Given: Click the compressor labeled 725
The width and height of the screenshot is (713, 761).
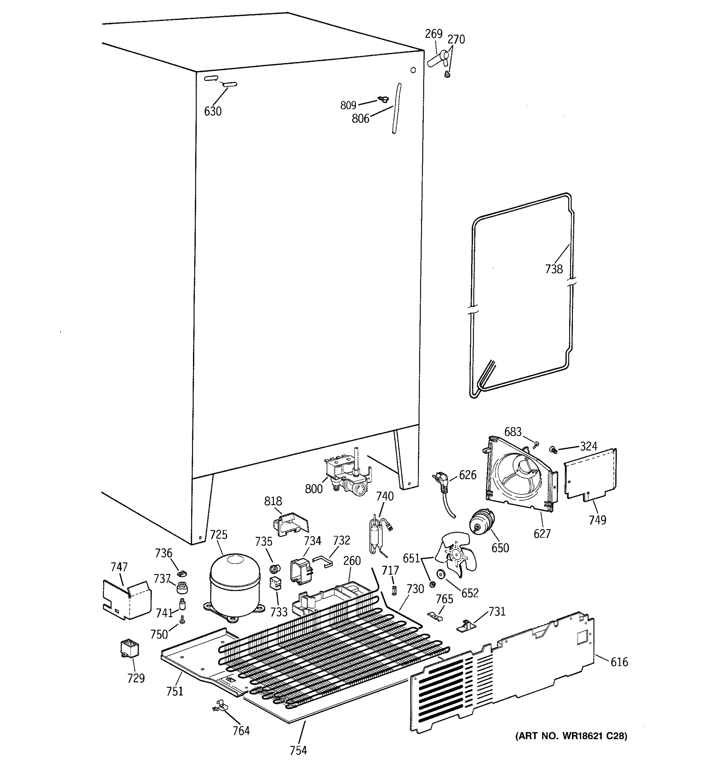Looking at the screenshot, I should point(234,585).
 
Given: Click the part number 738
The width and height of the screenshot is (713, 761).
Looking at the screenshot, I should point(554,269).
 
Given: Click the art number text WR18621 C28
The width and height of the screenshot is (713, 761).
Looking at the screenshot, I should point(571,735).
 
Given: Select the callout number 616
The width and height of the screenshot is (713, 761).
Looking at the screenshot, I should point(619,661).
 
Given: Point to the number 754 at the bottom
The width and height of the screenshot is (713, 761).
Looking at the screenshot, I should point(298,750).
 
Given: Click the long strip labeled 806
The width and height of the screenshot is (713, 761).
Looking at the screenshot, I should point(397,109).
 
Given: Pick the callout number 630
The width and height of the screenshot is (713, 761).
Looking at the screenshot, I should point(213,111).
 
